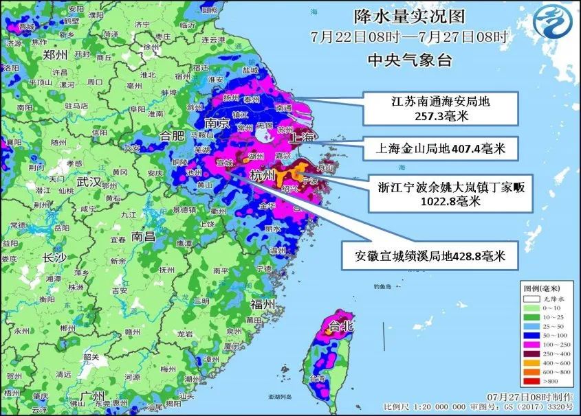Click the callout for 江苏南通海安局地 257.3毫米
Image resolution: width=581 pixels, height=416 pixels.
[x=440, y=108]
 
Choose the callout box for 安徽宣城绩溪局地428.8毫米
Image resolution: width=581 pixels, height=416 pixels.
[x=430, y=256]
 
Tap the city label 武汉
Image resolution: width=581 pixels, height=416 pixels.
[x=89, y=182]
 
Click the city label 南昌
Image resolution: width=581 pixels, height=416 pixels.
[x=144, y=236]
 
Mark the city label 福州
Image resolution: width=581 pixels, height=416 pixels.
[x=263, y=303]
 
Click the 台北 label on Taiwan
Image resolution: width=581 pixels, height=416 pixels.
[x=341, y=326]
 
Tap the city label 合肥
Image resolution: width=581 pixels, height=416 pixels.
[x=173, y=135]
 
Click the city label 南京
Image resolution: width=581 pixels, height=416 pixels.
[x=217, y=124]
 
